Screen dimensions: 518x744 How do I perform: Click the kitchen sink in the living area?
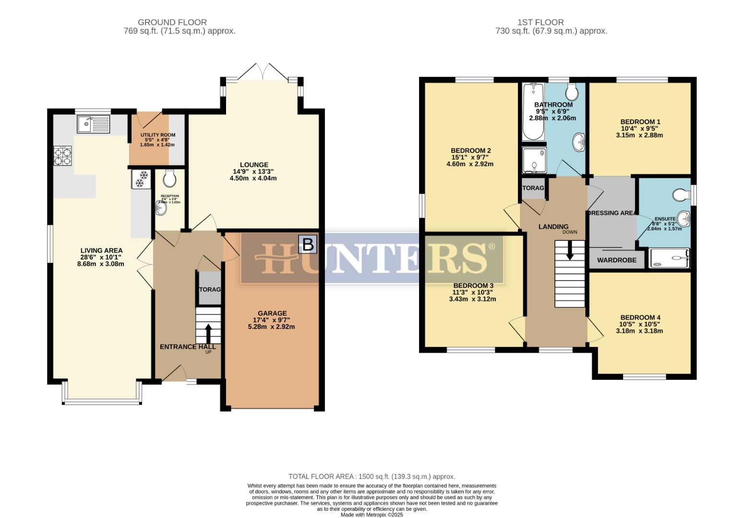[93, 124]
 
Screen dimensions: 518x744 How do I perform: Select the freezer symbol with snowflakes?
[141, 179]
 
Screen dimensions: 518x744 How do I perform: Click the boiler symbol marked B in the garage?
[307, 244]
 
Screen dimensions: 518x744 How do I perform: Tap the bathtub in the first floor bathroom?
[533, 111]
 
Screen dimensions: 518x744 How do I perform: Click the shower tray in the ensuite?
[669, 258]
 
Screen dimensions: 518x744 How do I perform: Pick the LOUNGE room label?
[254, 165]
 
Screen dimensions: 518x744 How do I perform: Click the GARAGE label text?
[272, 313]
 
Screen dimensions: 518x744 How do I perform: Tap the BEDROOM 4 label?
[640, 317]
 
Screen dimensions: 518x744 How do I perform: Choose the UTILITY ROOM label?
[157, 135]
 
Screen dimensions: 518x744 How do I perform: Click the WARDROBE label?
[616, 260]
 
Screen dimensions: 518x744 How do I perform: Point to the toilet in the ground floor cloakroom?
[169, 178]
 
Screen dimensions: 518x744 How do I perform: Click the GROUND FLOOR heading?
[172, 22]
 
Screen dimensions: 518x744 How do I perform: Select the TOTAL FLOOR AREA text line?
[372, 476]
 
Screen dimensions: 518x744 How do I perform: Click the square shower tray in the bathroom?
[534, 160]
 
